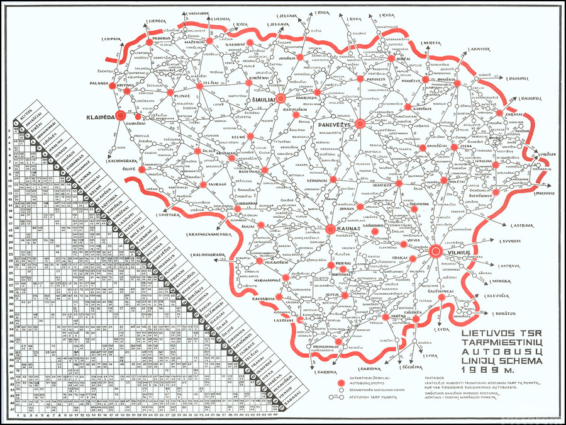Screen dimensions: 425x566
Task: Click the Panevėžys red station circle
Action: [x=360, y=123]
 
